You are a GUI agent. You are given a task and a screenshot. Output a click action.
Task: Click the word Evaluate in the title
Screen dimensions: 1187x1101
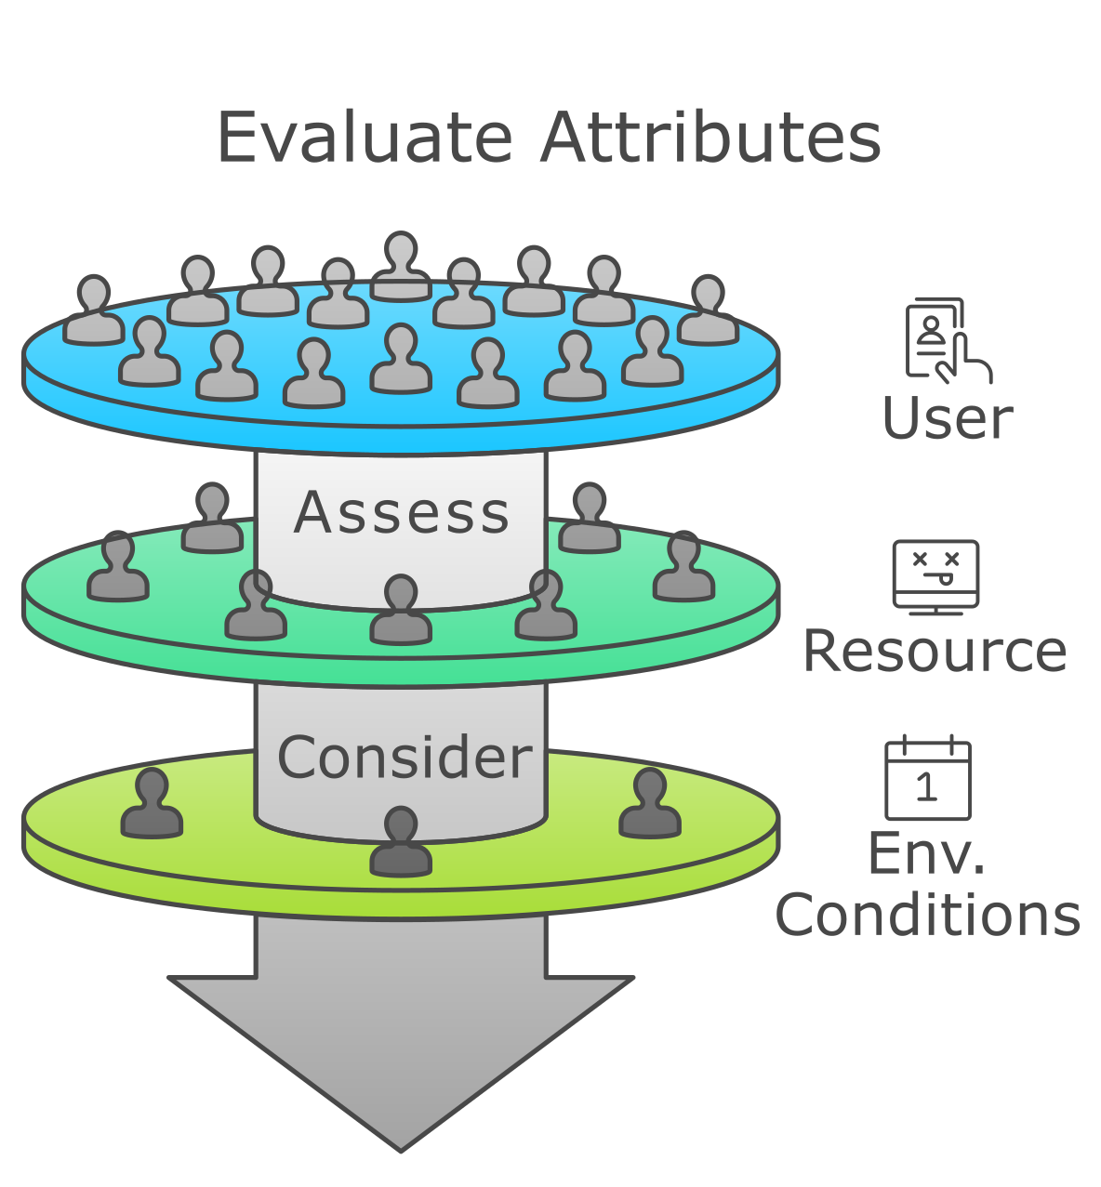pyautogui.click(x=364, y=138)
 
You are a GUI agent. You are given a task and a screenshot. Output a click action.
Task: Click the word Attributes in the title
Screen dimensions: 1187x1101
pyautogui.click(x=710, y=138)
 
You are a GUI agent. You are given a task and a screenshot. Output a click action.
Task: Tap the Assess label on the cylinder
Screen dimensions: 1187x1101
pyautogui.click(x=402, y=513)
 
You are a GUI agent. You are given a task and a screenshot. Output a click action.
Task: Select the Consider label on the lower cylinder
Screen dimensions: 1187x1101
pyautogui.click(x=405, y=758)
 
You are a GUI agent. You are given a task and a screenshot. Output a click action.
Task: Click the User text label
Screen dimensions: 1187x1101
pyautogui.click(x=947, y=419)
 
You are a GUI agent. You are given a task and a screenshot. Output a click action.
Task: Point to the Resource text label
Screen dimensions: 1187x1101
pyautogui.click(x=935, y=651)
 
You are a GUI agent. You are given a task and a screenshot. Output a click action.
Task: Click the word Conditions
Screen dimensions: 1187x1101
pyautogui.click(x=928, y=915)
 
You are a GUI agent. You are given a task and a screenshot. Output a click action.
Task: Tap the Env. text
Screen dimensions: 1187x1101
pyautogui.click(x=926, y=853)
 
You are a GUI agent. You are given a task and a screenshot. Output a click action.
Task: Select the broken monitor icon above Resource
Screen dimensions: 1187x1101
pyautogui.click(x=935, y=576)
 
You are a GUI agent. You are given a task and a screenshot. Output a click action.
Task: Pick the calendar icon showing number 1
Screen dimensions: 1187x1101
pyautogui.click(x=927, y=779)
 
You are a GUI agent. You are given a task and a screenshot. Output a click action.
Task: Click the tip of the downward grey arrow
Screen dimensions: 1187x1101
pyautogui.click(x=401, y=1148)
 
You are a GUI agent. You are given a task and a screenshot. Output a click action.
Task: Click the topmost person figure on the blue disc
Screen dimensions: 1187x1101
pyautogui.click(x=401, y=267)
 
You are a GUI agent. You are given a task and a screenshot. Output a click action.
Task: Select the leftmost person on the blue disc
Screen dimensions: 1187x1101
pyautogui.click(x=93, y=310)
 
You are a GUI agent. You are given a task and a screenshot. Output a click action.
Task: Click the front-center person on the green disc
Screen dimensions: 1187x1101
pyautogui.click(x=401, y=611)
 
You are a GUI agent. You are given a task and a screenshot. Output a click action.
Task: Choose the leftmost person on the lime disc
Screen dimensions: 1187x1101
pyautogui.click(x=152, y=804)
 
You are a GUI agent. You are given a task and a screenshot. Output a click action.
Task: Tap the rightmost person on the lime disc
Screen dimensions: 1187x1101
pyautogui.click(x=650, y=804)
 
